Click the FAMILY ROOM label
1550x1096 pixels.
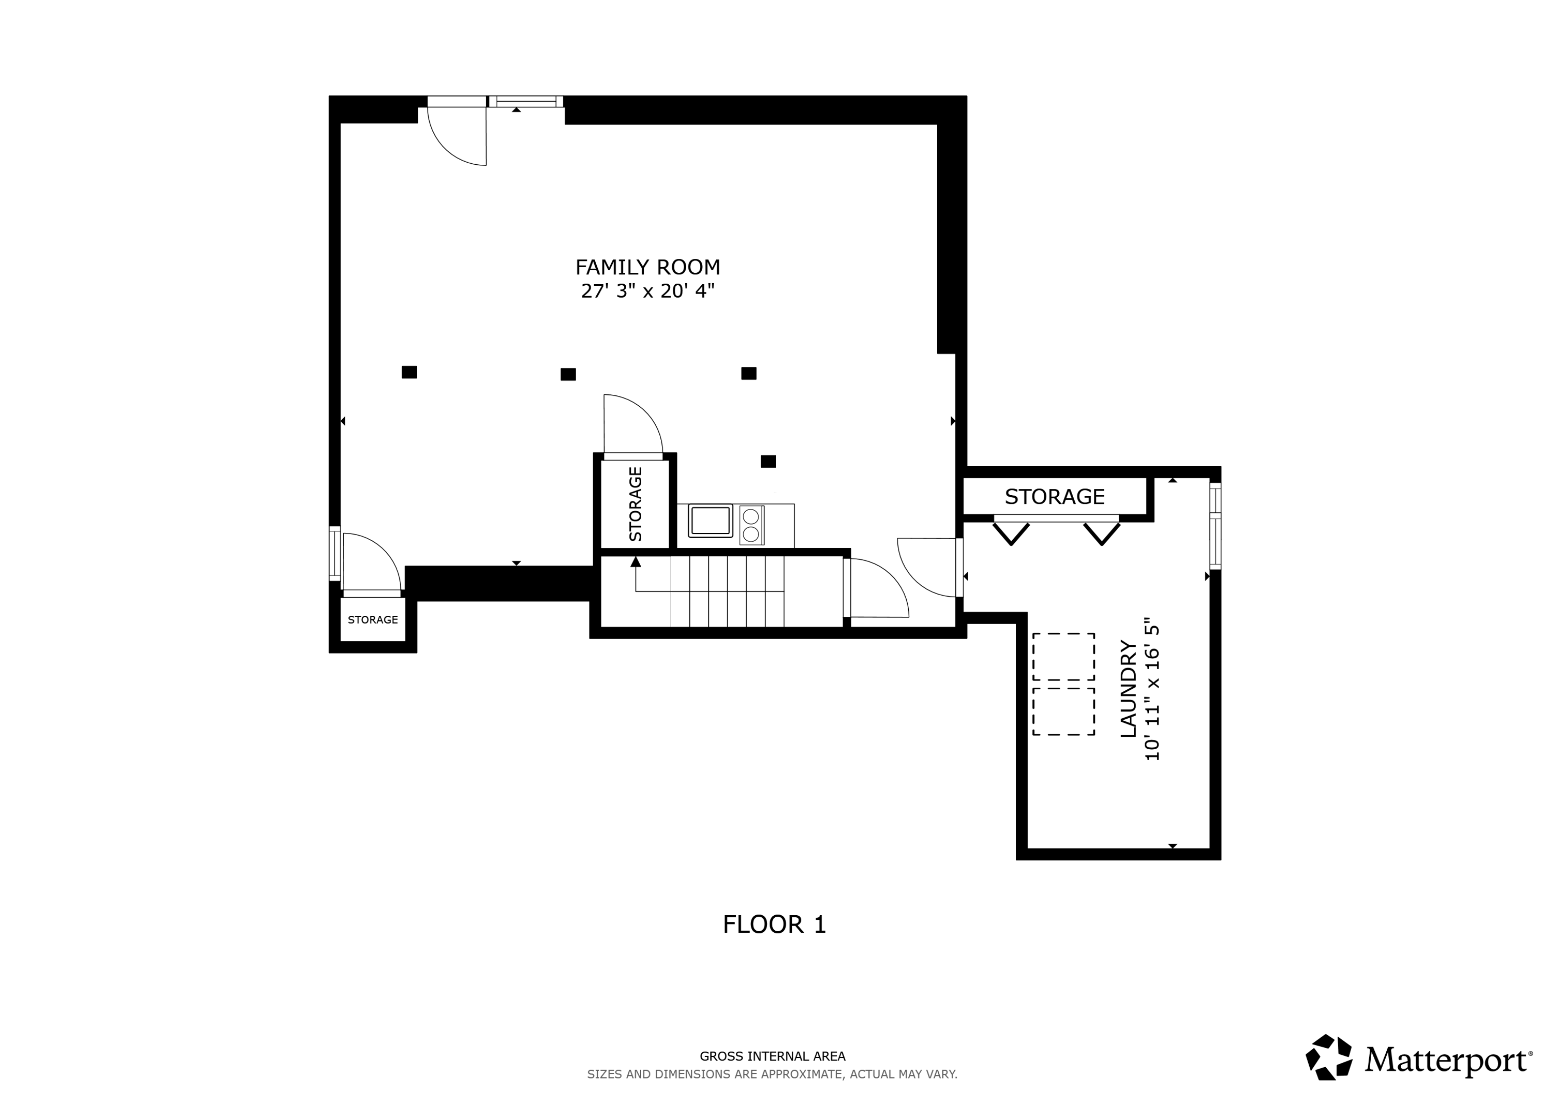[x=647, y=268]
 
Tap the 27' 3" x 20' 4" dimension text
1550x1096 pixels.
[x=647, y=291]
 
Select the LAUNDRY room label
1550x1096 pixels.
[x=1128, y=689]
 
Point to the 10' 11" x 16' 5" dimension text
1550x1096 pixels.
[x=1152, y=689]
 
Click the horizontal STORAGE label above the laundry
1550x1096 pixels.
[x=1054, y=497]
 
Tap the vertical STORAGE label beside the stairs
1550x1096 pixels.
[x=636, y=504]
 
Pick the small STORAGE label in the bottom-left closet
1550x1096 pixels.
[x=373, y=620]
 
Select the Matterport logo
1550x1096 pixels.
[x=1418, y=1059]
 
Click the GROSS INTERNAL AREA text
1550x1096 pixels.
[x=772, y=1056]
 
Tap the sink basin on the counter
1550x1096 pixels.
[x=710, y=521]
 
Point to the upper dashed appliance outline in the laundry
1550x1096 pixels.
[x=1063, y=656]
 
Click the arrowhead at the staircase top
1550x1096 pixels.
[x=636, y=562]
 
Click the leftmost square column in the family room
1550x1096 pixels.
[x=409, y=372]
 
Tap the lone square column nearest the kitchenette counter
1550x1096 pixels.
[x=768, y=461]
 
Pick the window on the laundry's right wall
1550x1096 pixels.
[x=1215, y=526]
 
